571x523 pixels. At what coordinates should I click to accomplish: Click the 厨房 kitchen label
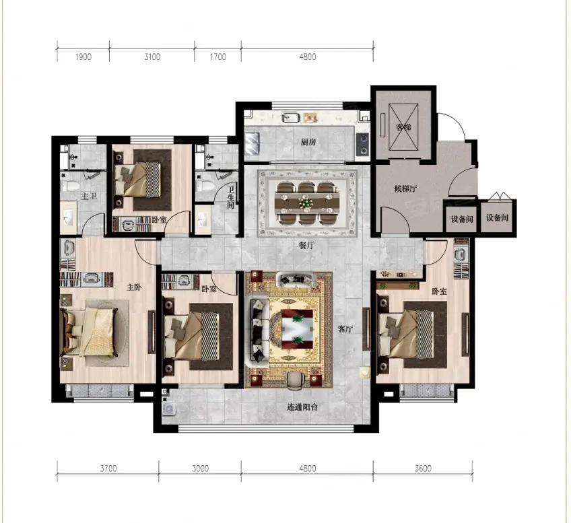click(x=308, y=142)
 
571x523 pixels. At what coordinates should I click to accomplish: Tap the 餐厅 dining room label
click(x=306, y=246)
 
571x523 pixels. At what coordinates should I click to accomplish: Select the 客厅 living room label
click(x=345, y=329)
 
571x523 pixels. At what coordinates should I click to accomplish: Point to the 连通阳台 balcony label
click(x=302, y=407)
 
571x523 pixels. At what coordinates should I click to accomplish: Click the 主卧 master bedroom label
click(x=134, y=287)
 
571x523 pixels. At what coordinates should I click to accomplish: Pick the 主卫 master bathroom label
click(x=89, y=196)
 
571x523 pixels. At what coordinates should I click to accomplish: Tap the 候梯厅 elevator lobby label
click(x=405, y=188)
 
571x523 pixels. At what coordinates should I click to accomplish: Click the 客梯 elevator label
click(x=403, y=127)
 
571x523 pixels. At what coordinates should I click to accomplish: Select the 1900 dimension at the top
click(x=83, y=57)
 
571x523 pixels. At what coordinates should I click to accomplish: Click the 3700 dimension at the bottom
click(x=108, y=468)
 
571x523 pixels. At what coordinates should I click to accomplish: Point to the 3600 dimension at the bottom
click(x=423, y=468)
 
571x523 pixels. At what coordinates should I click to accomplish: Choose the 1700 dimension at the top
click(x=217, y=57)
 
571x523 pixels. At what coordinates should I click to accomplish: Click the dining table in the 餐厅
click(x=306, y=203)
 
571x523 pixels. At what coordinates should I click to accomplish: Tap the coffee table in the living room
click(x=297, y=328)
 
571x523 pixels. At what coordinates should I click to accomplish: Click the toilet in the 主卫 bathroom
click(x=69, y=186)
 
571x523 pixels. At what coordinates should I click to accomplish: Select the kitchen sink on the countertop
click(x=291, y=118)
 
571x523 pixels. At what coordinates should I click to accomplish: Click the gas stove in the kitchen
click(x=362, y=143)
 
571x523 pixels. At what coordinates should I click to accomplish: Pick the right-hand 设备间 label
click(x=497, y=217)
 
